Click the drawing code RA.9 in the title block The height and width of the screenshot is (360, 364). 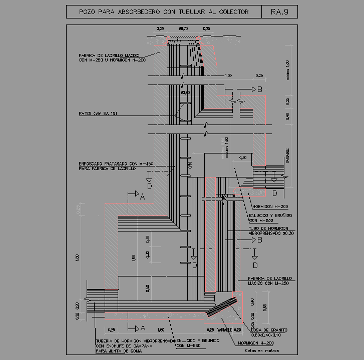tap(279, 12)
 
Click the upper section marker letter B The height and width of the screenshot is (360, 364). tap(259, 89)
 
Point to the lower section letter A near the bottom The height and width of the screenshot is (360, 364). tap(142, 328)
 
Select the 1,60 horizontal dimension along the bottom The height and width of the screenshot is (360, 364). tap(161, 330)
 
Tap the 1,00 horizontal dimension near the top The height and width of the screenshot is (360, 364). tap(228, 75)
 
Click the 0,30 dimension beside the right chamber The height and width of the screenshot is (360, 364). tap(243, 157)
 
